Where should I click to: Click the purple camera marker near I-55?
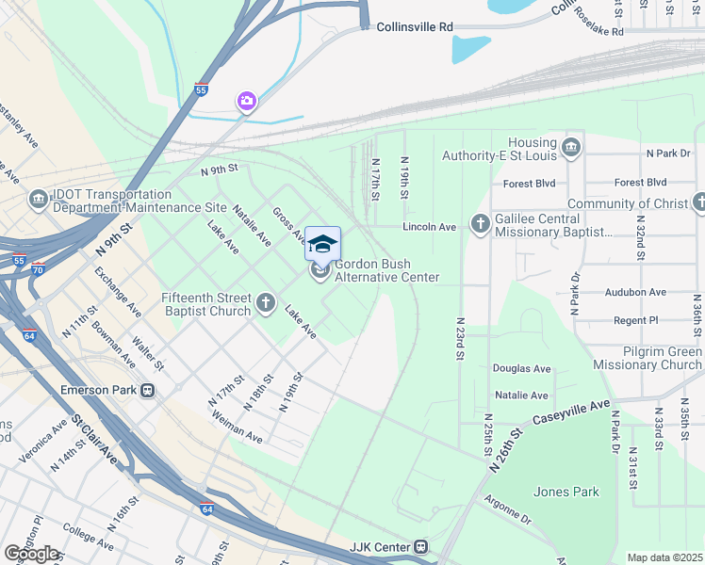tap(246, 101)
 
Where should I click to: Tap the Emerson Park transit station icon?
tap(147, 390)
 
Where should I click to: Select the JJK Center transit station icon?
tap(421, 547)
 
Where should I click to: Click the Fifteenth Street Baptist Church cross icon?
tap(266, 304)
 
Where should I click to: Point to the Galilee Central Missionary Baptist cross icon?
tap(481, 223)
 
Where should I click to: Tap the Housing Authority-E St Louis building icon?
tap(570, 148)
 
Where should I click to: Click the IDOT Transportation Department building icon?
tap(38, 199)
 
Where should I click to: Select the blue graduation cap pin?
tap(322, 244)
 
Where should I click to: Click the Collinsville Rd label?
tap(415, 28)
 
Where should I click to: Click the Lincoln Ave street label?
tap(429, 227)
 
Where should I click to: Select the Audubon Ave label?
tap(635, 293)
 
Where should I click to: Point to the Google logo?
tap(31, 554)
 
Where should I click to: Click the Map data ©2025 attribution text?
tap(664, 557)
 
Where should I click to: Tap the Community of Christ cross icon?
tap(698, 202)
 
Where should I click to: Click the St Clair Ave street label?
tap(94, 439)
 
